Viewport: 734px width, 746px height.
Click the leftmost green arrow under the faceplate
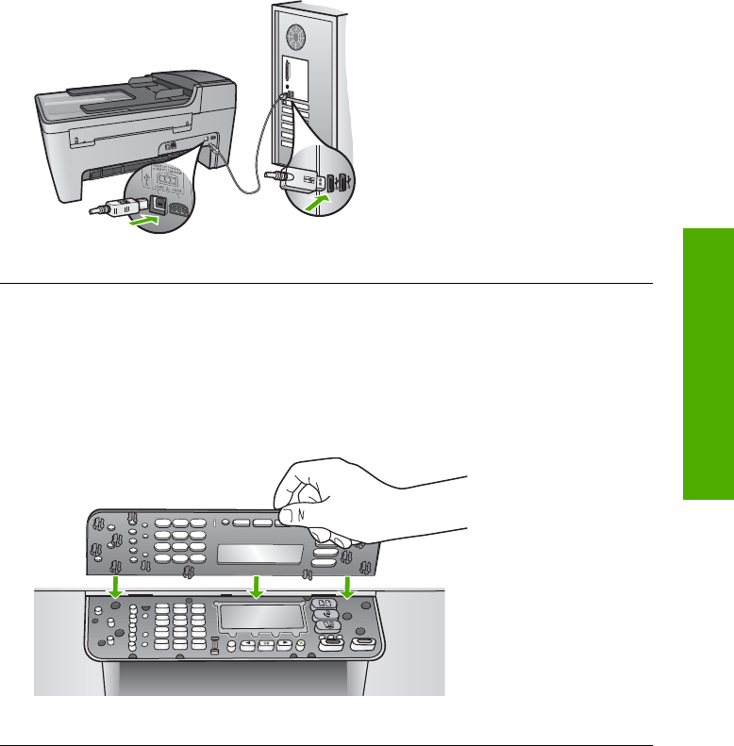(x=115, y=588)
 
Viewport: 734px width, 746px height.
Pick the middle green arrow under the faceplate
(x=254, y=588)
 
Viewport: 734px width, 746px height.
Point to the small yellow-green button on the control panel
(x=299, y=647)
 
